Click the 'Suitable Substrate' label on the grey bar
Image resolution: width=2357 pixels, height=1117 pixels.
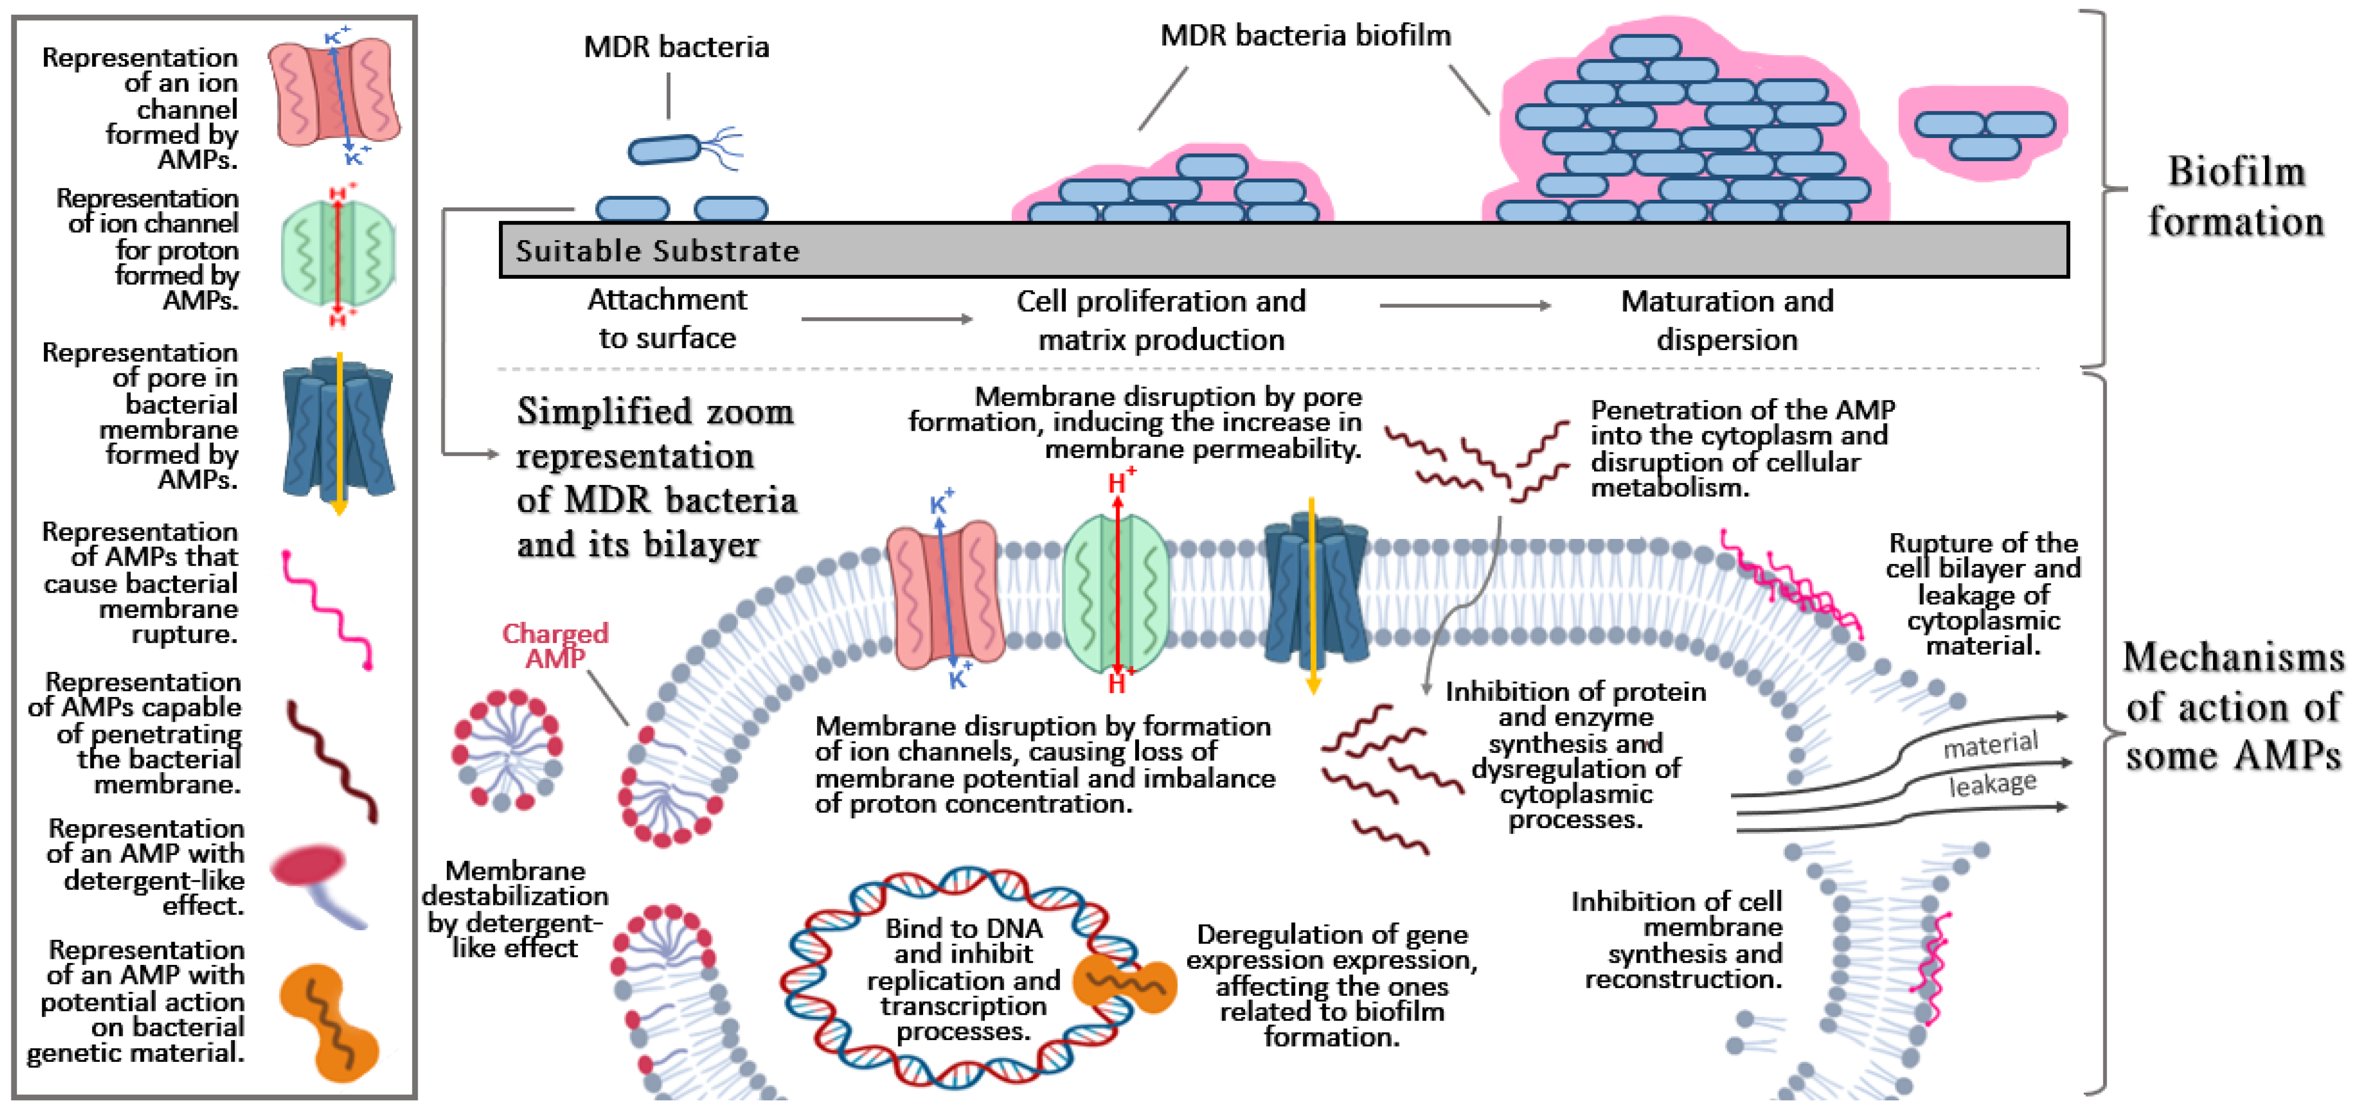click(x=657, y=251)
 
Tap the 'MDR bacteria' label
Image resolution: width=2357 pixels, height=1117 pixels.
click(x=676, y=47)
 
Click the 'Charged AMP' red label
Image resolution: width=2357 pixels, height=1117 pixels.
click(x=555, y=645)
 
